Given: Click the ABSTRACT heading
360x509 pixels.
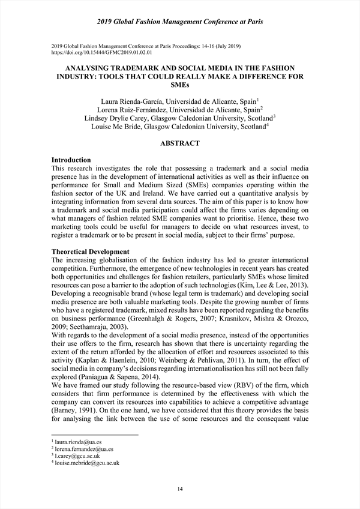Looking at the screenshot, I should coord(180,144).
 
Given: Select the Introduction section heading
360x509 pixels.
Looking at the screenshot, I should coord(71,160).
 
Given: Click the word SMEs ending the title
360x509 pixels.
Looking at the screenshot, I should coord(180,85).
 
